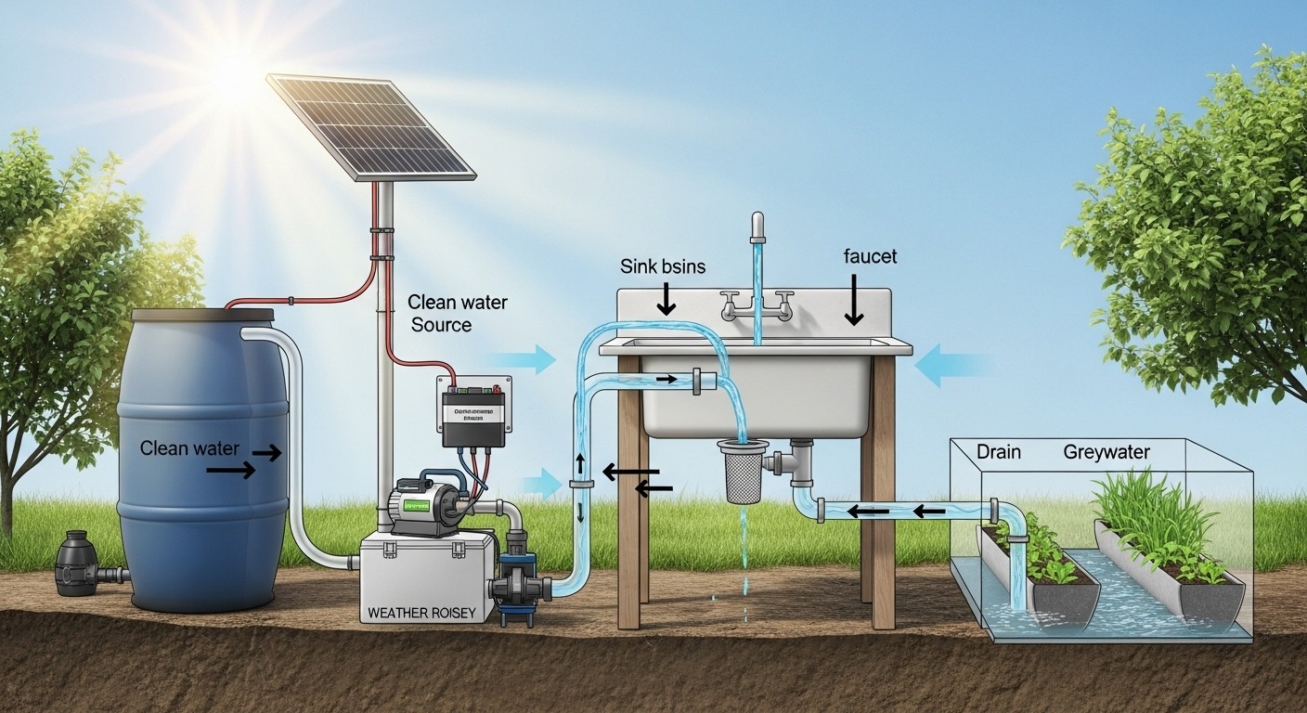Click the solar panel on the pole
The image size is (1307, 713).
point(370,126)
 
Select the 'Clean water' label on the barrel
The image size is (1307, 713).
point(189,448)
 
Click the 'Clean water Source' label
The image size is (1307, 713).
point(457,314)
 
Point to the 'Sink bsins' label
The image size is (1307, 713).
point(663,266)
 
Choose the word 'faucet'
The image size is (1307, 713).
point(871,256)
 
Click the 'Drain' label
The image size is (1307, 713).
point(999,452)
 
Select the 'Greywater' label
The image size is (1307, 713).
point(1106,452)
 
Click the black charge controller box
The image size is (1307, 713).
point(472,415)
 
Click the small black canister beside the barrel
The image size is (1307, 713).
point(77,563)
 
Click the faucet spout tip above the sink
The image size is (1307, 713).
point(757,224)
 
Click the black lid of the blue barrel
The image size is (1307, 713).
point(202,315)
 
